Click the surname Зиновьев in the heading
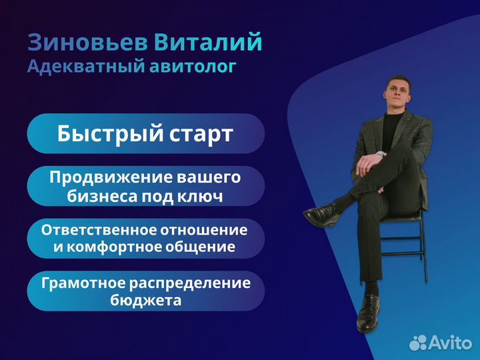(87, 42)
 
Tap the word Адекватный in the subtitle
(86, 67)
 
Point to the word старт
(201, 135)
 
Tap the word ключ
(200, 197)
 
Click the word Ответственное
(99, 230)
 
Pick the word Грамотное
(83, 283)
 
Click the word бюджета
(146, 300)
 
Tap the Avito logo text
(450, 343)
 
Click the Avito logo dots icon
(418, 343)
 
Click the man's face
(397, 93)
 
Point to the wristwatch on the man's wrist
(381, 154)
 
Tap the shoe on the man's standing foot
(368, 313)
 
